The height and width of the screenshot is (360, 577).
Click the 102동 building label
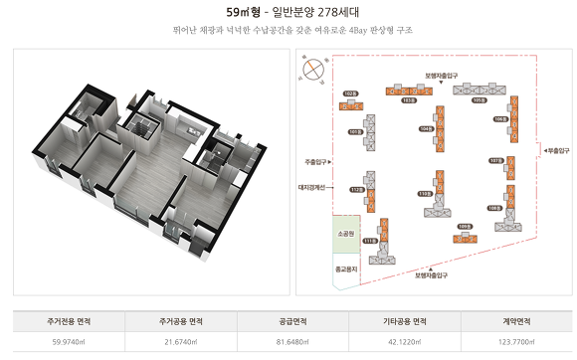(x=350, y=92)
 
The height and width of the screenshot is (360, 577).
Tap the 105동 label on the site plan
(x=479, y=100)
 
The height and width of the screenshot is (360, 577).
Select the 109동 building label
(x=463, y=226)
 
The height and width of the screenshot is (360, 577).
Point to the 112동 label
(x=356, y=189)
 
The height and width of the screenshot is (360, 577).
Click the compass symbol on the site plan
(x=314, y=69)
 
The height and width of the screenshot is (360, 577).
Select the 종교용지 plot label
(x=346, y=268)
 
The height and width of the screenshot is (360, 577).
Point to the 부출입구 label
(x=556, y=149)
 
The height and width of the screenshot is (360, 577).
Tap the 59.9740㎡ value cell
(x=69, y=342)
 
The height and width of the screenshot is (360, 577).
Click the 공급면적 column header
(x=291, y=321)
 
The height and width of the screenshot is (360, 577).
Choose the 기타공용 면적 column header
(x=404, y=321)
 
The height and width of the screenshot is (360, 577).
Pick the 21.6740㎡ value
(x=181, y=342)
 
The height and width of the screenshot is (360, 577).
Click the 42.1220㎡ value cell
(x=404, y=342)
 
